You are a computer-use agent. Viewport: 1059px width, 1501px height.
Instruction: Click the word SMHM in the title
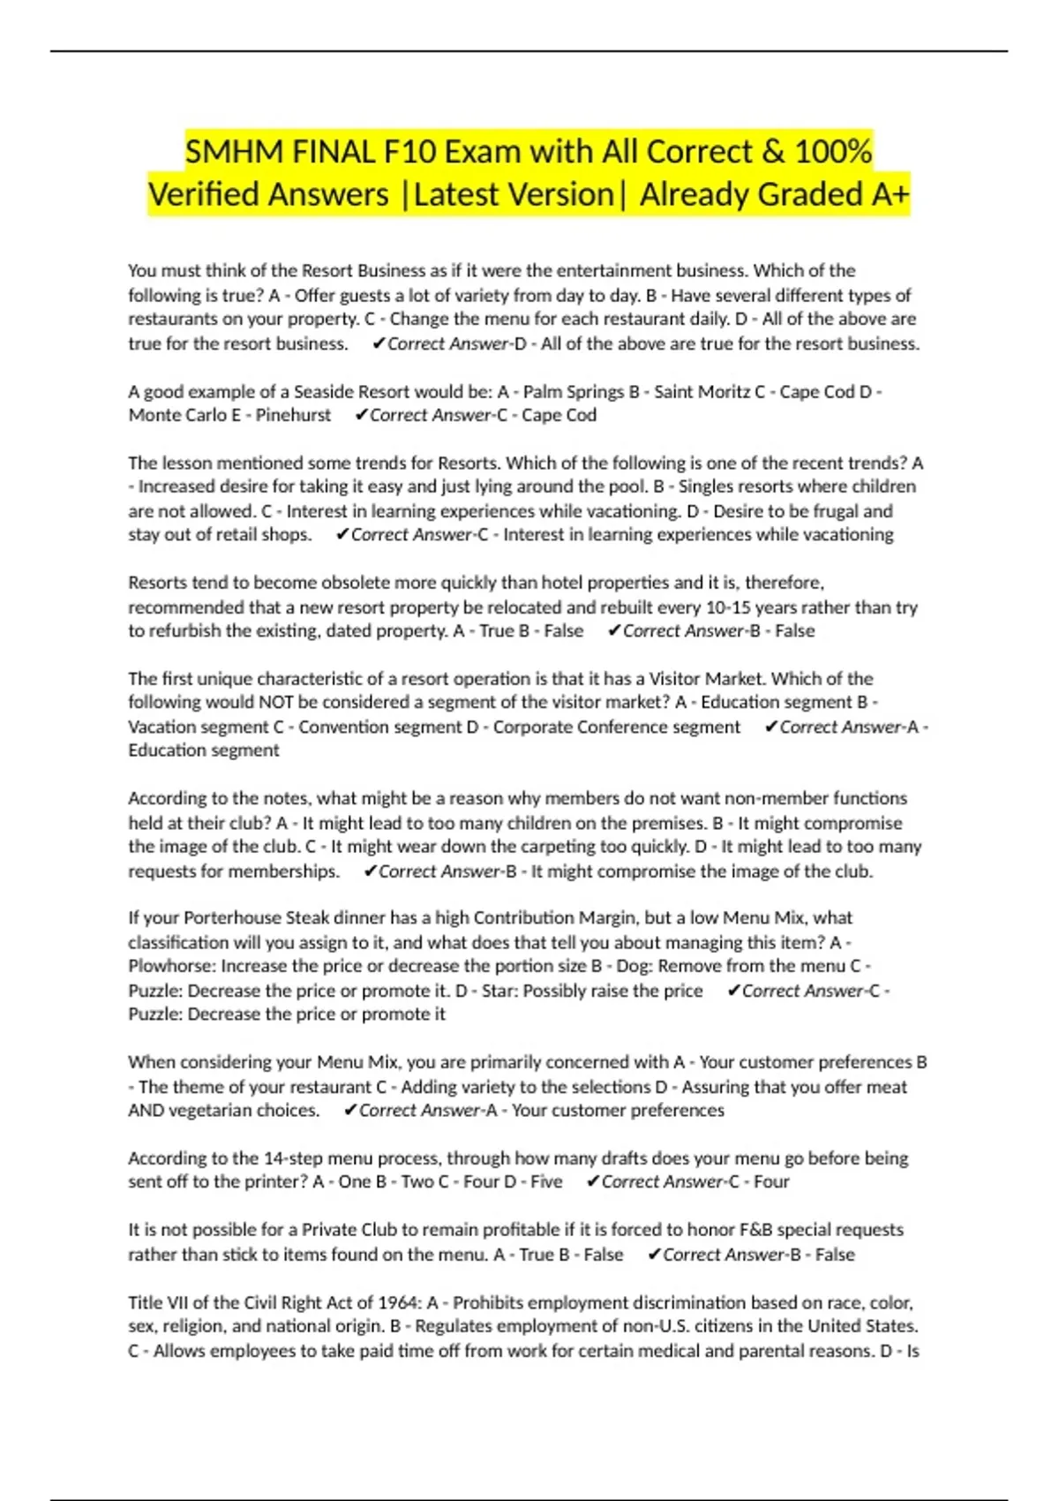234,152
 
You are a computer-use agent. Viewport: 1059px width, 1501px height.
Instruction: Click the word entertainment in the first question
606,270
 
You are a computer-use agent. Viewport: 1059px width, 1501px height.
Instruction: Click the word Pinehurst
293,415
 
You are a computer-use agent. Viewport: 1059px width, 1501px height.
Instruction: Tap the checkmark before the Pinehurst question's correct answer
360,415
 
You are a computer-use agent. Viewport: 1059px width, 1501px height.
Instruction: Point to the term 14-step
288,1158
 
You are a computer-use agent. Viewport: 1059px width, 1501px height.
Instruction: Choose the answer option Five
545,1181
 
